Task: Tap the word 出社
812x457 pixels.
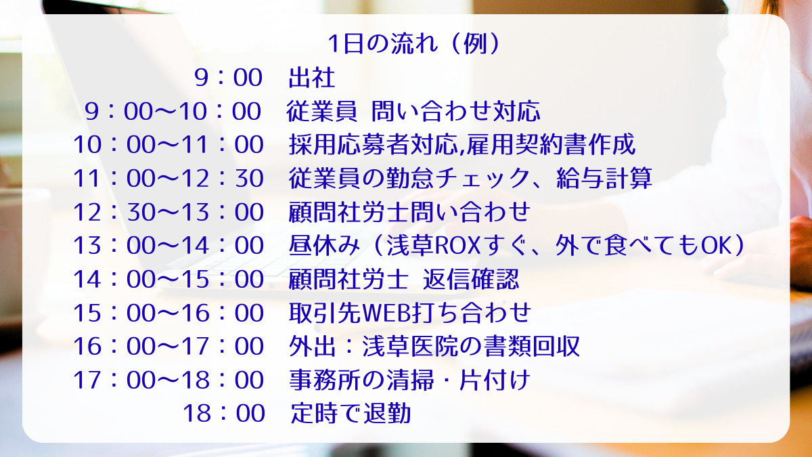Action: tap(312, 78)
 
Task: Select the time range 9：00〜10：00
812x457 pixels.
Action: tap(173, 111)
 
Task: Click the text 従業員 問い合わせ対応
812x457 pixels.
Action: tap(413, 111)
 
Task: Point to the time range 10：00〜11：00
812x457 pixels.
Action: tap(168, 145)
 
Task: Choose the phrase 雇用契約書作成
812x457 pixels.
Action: tap(551, 144)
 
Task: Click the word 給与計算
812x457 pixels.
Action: tap(604, 178)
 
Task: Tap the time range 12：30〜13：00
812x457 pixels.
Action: tap(168, 212)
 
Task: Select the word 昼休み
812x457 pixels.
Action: tap(324, 245)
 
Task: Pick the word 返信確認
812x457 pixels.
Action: tap(471, 279)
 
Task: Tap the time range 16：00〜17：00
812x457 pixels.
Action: tap(168, 346)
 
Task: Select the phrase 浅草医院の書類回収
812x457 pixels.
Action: tap(471, 346)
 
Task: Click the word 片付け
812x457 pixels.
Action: tap(495, 380)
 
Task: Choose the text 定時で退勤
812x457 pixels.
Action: tap(351, 413)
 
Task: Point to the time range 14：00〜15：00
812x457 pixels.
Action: tap(168, 279)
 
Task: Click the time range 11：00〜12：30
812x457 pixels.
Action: tap(168, 178)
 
